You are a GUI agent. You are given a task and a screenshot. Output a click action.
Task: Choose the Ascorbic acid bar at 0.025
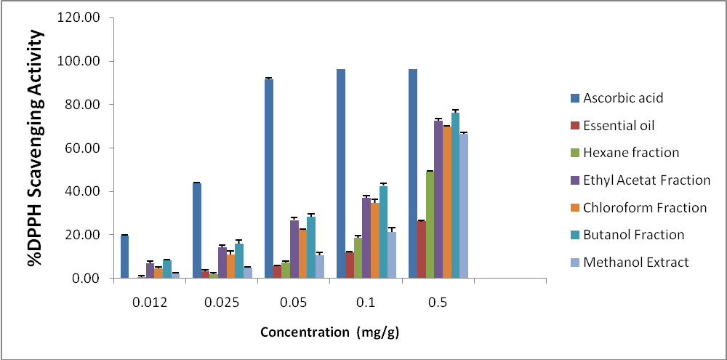point(196,230)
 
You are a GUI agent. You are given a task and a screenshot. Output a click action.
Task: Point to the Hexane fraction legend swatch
point(574,153)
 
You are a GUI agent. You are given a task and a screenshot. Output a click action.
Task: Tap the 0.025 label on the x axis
point(221,301)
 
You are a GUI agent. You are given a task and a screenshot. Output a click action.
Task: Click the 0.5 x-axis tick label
point(437,301)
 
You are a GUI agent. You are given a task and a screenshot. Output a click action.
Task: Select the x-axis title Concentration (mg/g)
point(330,333)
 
